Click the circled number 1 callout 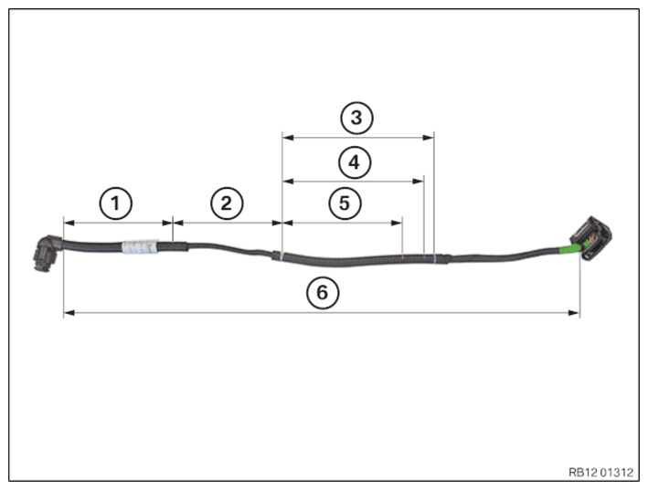tap(116, 203)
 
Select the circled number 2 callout tap(227, 203)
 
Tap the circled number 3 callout tap(356, 118)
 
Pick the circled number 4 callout tap(355, 162)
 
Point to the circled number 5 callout tap(345, 203)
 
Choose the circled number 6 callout tap(323, 293)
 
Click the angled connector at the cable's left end tap(47, 253)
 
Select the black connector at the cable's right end tap(591, 238)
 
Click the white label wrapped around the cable tap(140, 246)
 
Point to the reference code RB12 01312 tap(600, 473)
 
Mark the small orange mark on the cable tap(402, 258)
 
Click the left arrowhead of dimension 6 tap(69, 313)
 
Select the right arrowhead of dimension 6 tap(575, 313)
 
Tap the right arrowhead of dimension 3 tap(429, 138)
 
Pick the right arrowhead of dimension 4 tap(419, 181)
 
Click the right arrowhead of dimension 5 tap(397, 224)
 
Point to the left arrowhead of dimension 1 tap(69, 224)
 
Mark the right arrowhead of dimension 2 tap(277, 224)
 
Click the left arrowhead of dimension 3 tap(288, 138)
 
